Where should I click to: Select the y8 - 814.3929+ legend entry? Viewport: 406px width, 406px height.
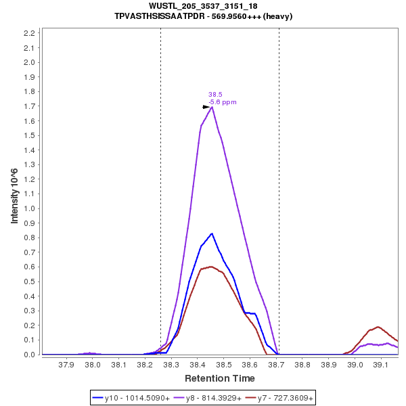pos(212,398)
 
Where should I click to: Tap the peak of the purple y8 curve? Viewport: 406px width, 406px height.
pos(212,106)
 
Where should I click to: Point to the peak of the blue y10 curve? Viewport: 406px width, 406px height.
pos(212,233)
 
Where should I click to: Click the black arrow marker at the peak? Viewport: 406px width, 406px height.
pos(206,107)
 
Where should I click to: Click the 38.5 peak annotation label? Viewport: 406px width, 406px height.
pos(215,95)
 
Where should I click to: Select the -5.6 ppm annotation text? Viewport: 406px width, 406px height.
pos(223,102)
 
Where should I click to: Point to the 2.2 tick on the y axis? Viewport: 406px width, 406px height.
pos(29,33)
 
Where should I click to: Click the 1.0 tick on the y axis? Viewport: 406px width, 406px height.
pos(29,208)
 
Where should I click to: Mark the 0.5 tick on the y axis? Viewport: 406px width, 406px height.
pos(29,281)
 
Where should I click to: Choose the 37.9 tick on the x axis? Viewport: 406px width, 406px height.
pos(66,365)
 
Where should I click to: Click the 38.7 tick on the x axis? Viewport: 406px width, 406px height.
pos(276,365)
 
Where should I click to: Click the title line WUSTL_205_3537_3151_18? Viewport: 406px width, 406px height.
pos(203,6)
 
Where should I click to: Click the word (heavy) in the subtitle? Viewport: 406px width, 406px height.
pos(278,16)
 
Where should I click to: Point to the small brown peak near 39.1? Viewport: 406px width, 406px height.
pos(378,327)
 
